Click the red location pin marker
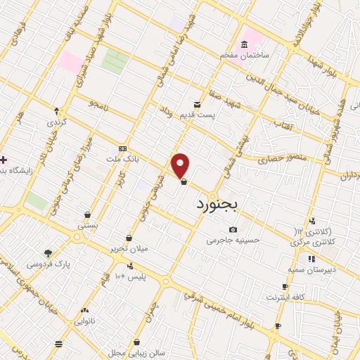point(181,165)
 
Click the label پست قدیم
point(215,115)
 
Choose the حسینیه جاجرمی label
point(233,241)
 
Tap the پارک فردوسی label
point(49,264)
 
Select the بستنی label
point(87,227)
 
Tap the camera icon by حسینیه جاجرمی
point(233,230)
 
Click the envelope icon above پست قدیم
point(198,103)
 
